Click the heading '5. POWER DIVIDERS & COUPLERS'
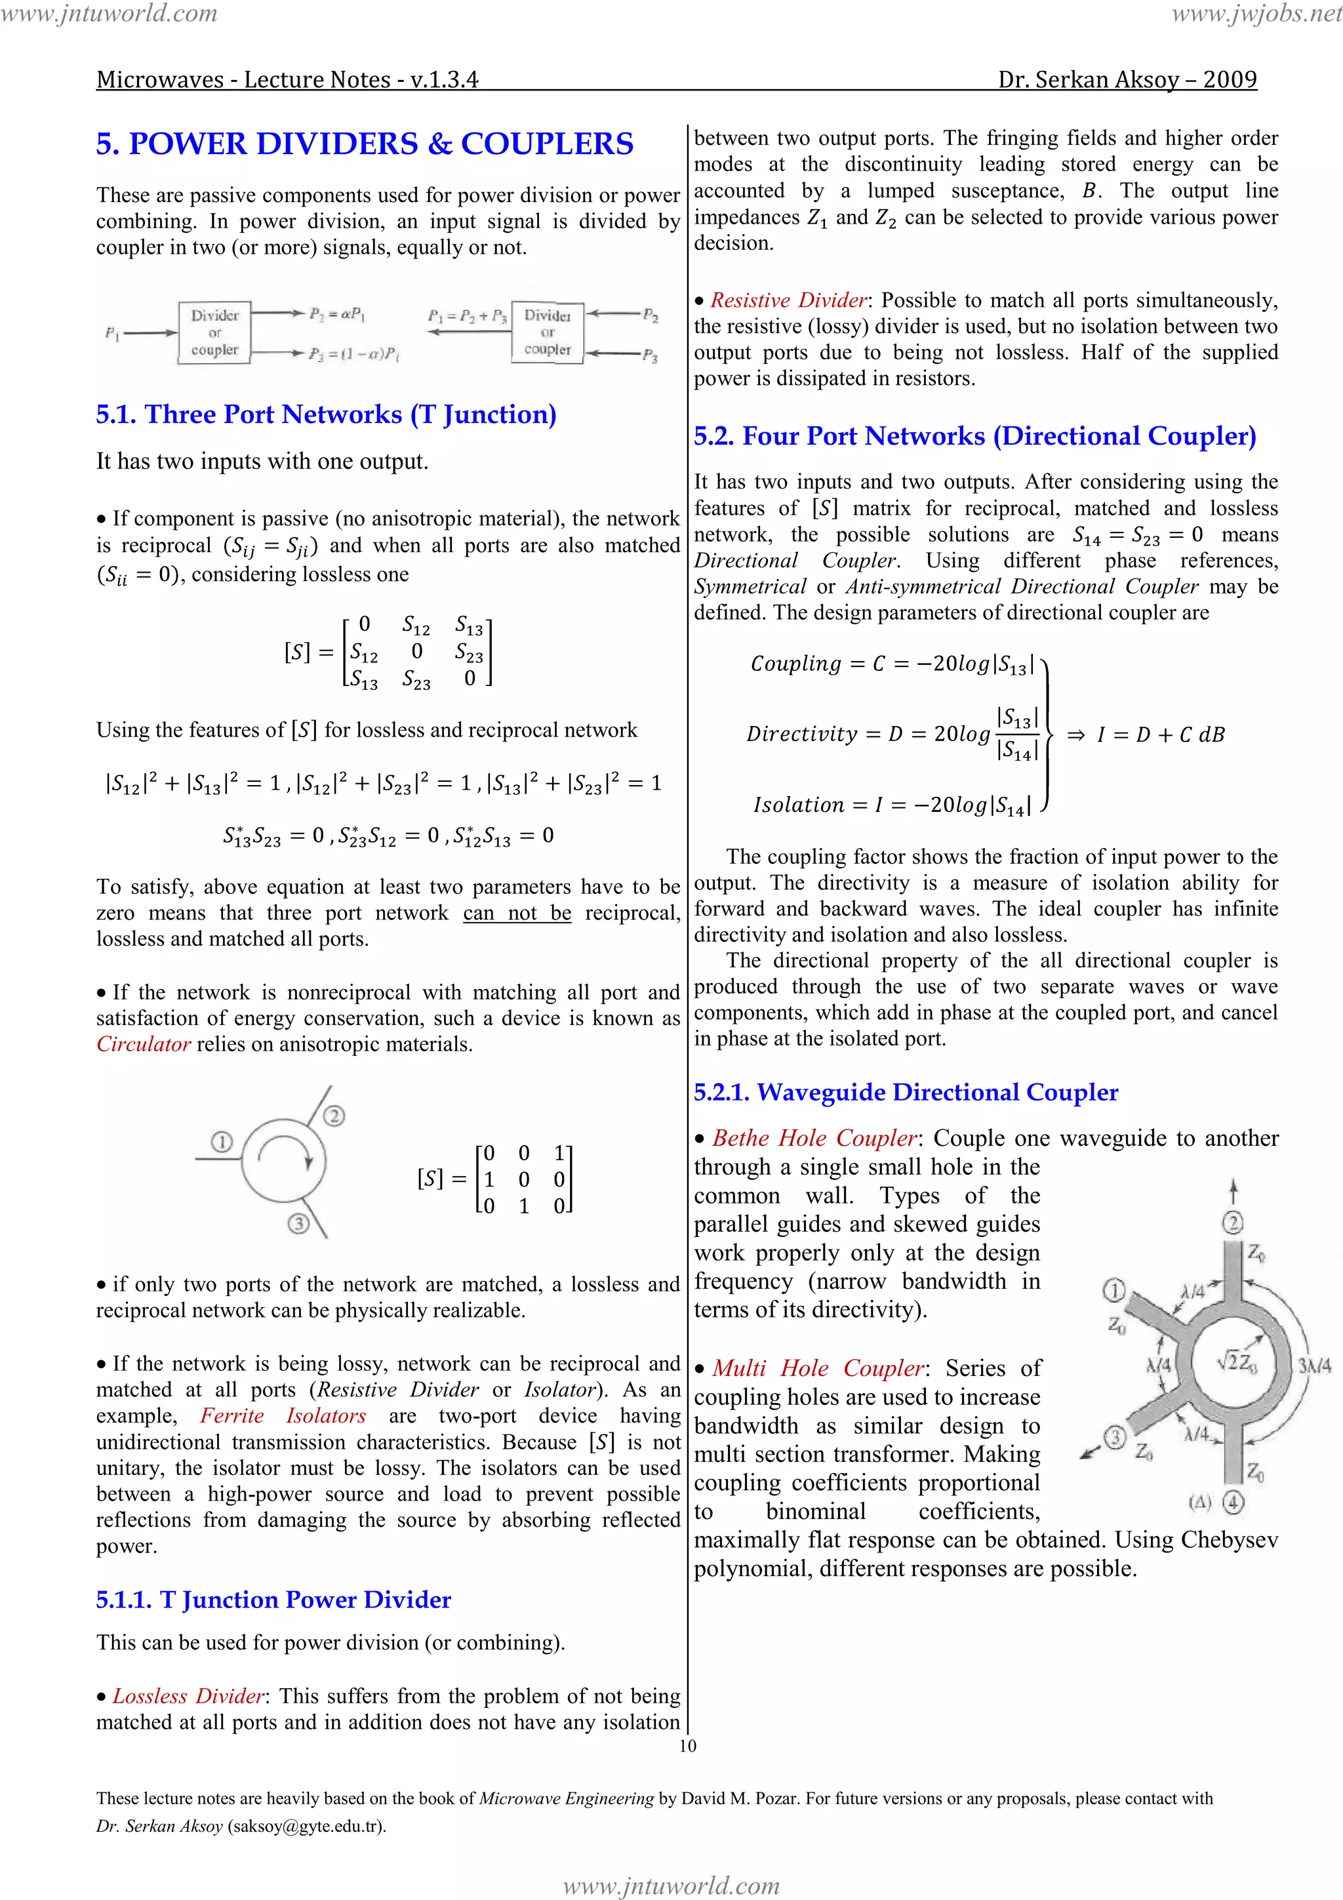(x=364, y=144)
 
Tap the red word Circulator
(x=143, y=1044)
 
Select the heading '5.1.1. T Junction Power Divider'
(x=273, y=1600)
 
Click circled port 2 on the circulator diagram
(x=334, y=1116)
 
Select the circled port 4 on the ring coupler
(x=1233, y=1502)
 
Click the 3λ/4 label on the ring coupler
(x=1314, y=1366)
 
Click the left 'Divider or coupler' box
(x=214, y=333)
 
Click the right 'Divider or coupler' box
(x=547, y=333)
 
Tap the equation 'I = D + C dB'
(x=1160, y=735)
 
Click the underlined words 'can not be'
(x=516, y=913)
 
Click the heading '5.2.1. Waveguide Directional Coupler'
(x=905, y=1093)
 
